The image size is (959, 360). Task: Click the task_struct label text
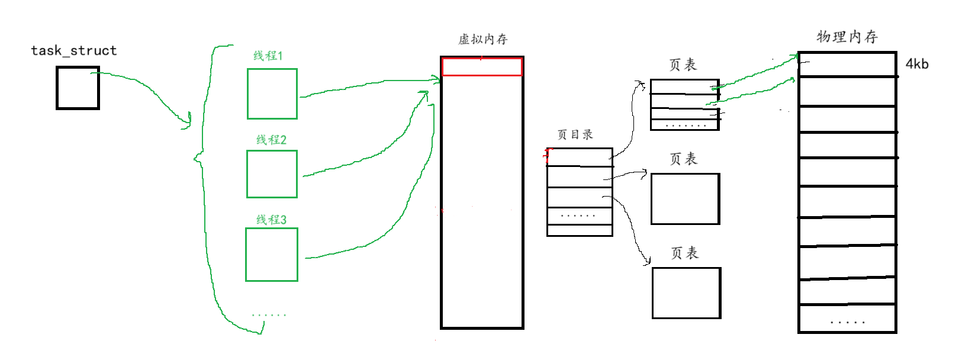click(74, 50)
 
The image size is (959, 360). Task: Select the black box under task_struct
click(78, 88)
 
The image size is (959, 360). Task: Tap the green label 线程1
click(268, 56)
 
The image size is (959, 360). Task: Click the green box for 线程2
click(272, 173)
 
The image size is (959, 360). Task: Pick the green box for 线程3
click(272, 255)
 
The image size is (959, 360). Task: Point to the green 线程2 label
click(271, 140)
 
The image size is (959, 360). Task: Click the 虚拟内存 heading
click(483, 39)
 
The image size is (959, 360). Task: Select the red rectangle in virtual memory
click(482, 67)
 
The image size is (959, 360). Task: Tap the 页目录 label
click(575, 134)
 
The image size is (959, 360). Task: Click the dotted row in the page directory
click(579, 216)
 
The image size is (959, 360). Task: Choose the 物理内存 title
click(847, 37)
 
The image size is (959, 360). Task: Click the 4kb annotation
click(917, 64)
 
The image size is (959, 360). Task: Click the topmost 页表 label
click(683, 65)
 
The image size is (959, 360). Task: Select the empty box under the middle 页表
click(685, 199)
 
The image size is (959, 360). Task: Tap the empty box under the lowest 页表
click(686, 293)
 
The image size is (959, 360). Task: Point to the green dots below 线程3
click(269, 315)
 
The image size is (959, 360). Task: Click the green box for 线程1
click(272, 94)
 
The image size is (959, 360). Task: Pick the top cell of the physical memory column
click(847, 65)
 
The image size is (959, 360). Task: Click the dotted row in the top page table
click(685, 125)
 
